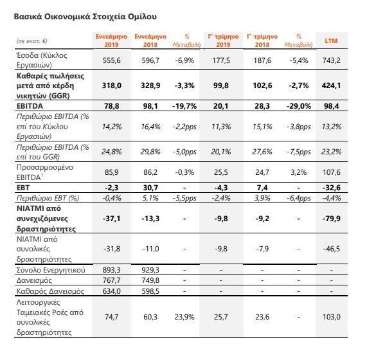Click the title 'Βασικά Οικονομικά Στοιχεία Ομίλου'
tap(85, 17)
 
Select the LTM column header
tap(331, 40)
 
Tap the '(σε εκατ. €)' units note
tap(32, 41)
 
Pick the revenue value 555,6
tap(112, 60)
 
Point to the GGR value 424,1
tap(331, 85)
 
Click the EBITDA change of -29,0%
tap(299, 106)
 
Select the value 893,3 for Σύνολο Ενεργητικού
tap(111, 270)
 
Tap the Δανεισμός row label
tap(34, 280)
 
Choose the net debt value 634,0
tap(111, 291)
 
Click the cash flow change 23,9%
tap(184, 317)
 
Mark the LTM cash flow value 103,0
tap(332, 317)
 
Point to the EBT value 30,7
tap(150, 188)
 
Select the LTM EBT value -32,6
tap(332, 188)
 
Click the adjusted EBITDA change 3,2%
tap(299, 172)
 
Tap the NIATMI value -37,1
tap(112, 219)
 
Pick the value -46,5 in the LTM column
tap(332, 249)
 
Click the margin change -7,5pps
tap(299, 152)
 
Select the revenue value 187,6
tap(262, 60)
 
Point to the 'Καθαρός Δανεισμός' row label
tap(50, 291)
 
